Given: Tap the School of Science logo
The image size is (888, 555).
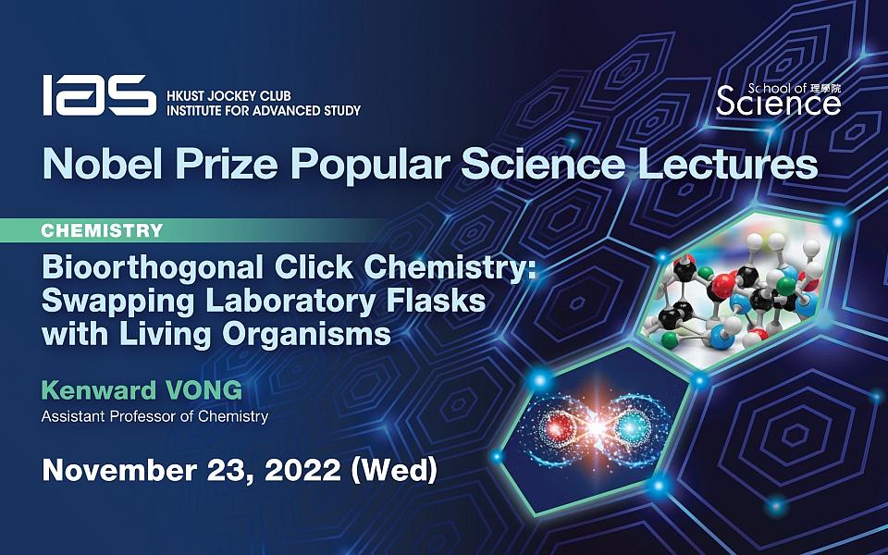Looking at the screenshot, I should click(x=778, y=99).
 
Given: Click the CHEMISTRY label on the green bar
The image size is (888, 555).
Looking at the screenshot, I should click(x=102, y=230).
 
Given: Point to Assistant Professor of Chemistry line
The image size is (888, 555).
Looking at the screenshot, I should click(x=154, y=416).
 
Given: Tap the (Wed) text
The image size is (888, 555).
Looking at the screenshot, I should click(x=392, y=469).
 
